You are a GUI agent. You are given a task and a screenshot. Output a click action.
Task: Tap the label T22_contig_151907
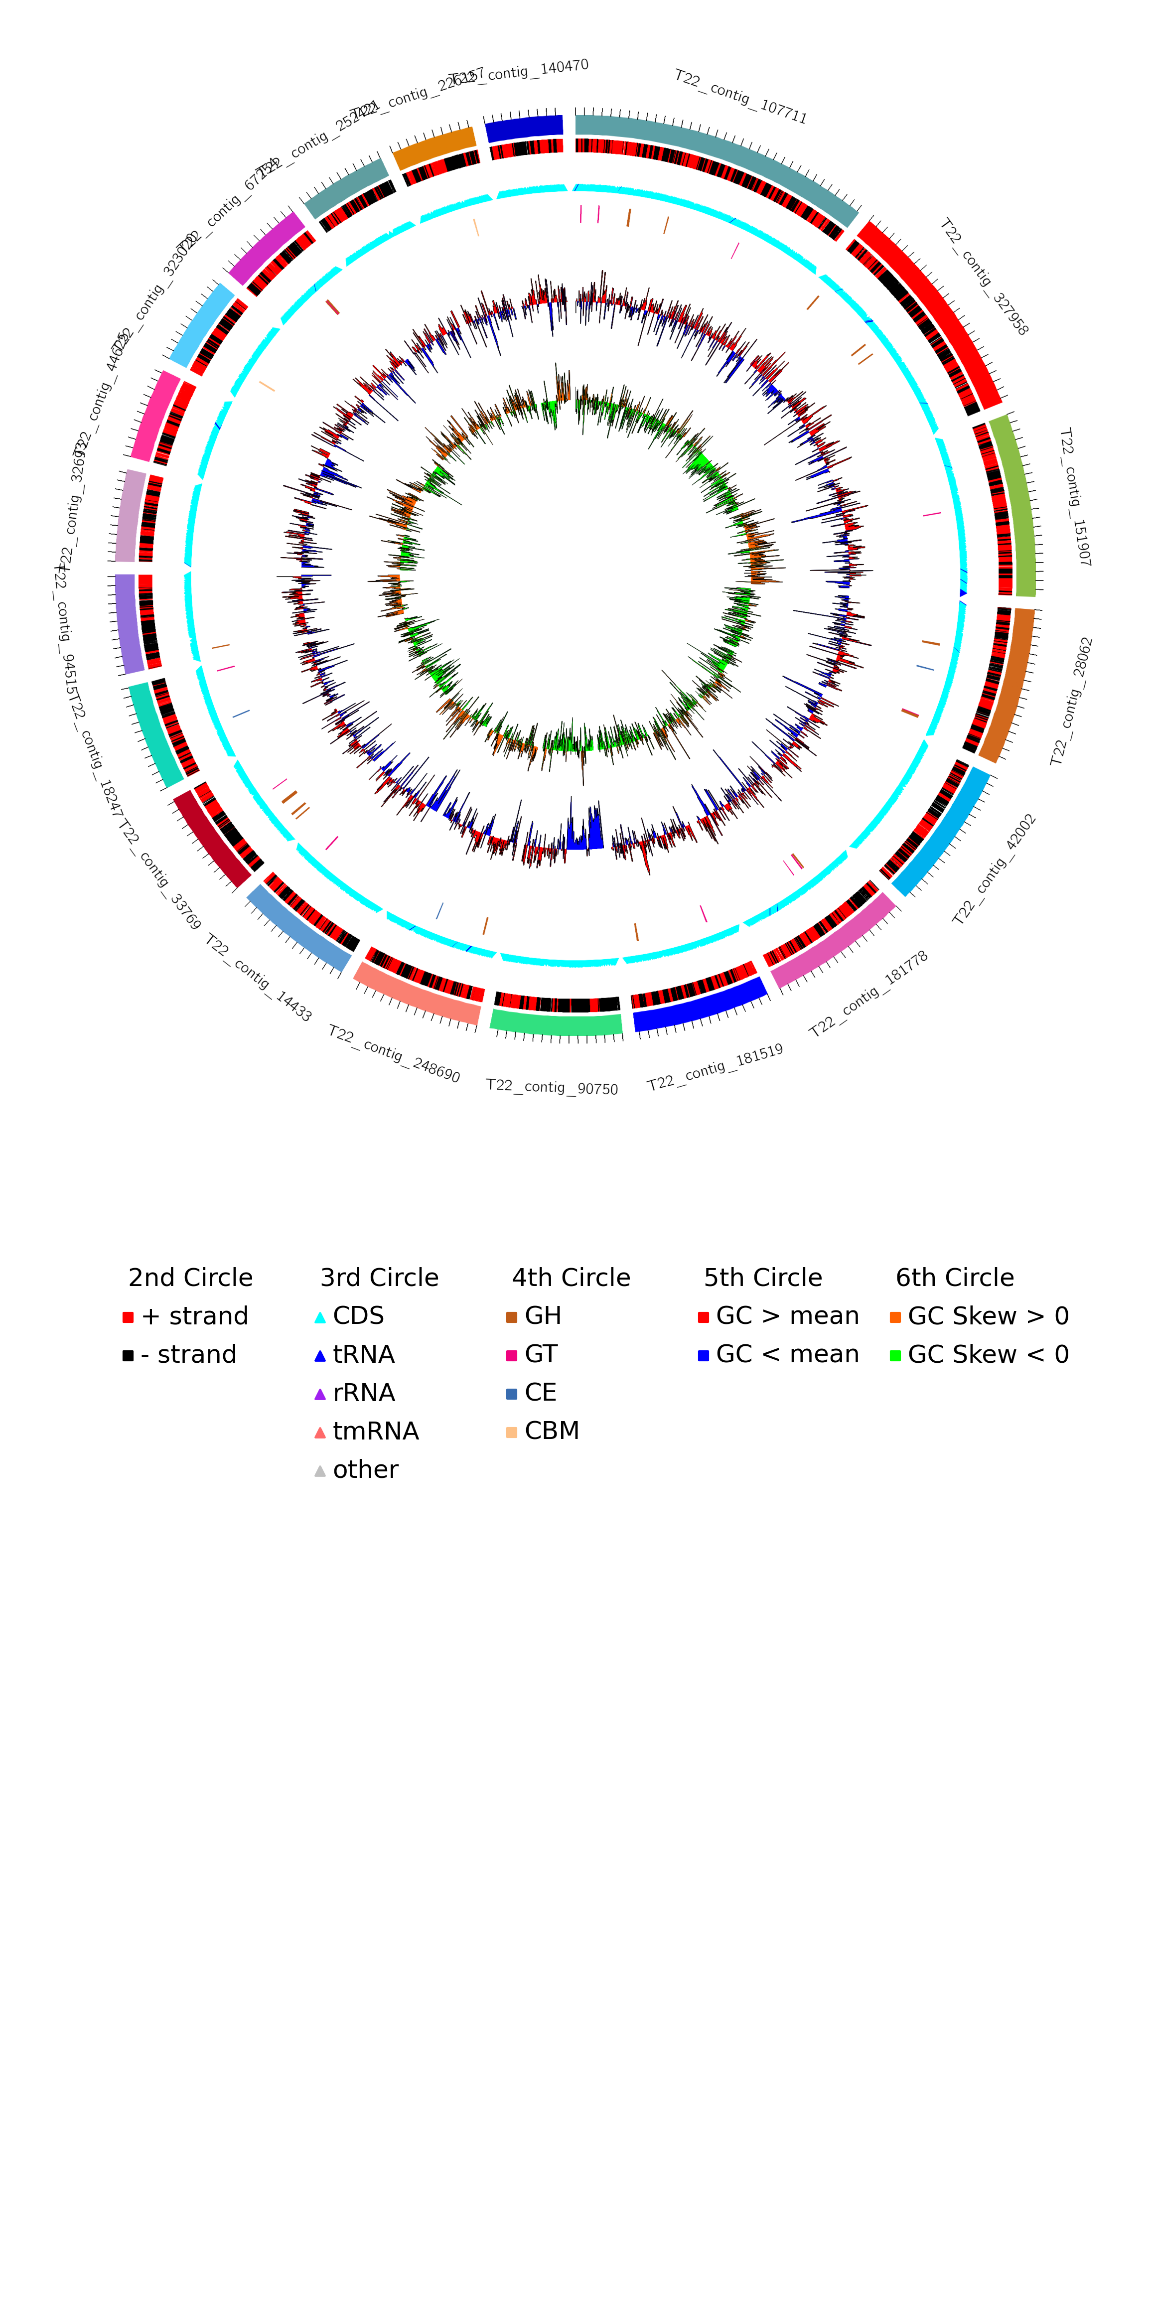1074,497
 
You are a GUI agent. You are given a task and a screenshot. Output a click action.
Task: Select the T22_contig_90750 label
552,1087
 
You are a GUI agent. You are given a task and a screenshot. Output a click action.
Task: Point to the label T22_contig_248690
394,1054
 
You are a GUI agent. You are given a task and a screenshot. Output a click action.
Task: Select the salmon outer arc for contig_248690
417,994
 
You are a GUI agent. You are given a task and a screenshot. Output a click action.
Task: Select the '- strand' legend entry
188,1355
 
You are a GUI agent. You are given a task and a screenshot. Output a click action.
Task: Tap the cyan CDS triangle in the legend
320,1317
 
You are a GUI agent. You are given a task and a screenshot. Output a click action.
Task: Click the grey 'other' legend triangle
320,1471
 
